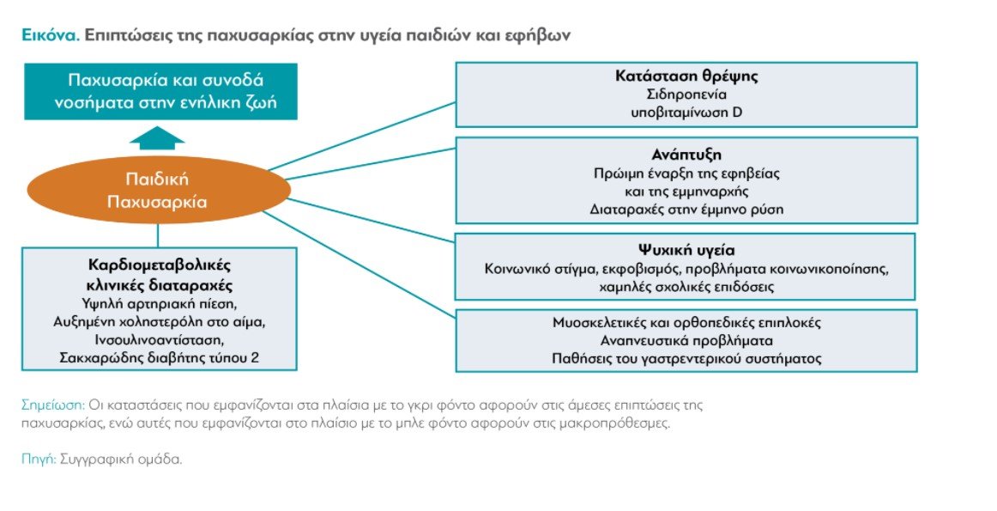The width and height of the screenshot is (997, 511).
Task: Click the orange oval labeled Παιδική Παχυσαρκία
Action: click(159, 191)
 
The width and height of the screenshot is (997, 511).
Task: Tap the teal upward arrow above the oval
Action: click(157, 137)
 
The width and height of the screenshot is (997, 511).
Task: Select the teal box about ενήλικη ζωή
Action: click(160, 91)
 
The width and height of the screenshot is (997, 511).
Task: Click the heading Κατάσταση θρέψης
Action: click(686, 76)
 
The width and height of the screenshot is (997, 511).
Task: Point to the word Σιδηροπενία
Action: click(686, 94)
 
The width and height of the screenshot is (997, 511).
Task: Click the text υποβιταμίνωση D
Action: click(686, 113)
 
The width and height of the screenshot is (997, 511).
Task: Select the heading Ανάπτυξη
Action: click(686, 155)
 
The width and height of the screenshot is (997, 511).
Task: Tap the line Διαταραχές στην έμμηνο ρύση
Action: click(686, 210)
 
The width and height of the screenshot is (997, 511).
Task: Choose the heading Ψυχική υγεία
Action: click(686, 250)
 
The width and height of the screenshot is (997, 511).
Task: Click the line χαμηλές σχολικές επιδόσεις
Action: click(686, 287)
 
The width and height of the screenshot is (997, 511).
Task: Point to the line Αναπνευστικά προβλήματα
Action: click(686, 340)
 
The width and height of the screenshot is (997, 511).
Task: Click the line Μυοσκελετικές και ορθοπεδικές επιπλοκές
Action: click(686, 323)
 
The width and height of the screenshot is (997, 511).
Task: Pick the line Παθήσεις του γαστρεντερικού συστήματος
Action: click(686, 359)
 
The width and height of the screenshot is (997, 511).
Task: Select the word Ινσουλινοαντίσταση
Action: click(160, 340)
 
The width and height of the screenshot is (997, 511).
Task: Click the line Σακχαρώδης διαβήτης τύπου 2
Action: click(160, 357)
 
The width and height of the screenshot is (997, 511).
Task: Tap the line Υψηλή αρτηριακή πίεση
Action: click(160, 304)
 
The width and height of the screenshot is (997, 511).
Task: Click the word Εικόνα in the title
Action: click(51, 35)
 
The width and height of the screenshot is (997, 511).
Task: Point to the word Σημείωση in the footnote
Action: click(53, 405)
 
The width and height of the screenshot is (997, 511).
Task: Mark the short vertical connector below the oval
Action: click(158, 235)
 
